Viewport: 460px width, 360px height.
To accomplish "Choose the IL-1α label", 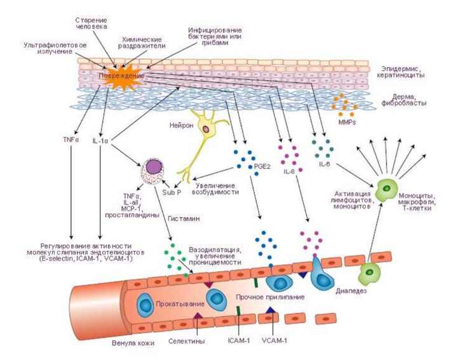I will tap(101, 140).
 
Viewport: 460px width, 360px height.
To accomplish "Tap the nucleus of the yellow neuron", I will tap(206, 130).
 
